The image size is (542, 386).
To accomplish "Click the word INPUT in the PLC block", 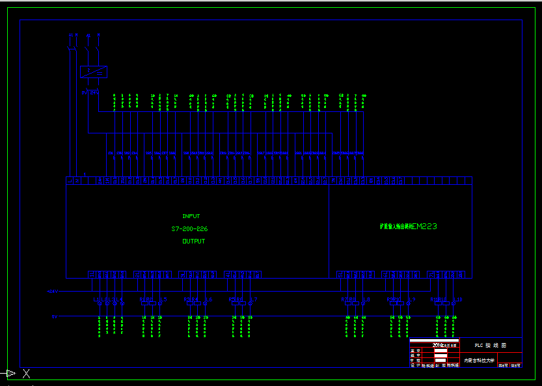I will click(191, 216).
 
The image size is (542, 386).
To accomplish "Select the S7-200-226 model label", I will click(189, 229).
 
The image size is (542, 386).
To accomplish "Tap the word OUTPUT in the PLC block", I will click(193, 241).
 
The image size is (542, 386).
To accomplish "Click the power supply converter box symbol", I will click(94, 72).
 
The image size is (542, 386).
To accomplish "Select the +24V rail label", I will click(53, 292).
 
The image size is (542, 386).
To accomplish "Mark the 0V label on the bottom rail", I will click(55, 316).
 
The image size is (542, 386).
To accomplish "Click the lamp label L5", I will click(163, 299).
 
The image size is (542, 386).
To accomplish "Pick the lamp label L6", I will click(209, 299).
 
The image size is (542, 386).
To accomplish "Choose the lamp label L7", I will click(254, 299).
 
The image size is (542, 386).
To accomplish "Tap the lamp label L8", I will click(366, 299).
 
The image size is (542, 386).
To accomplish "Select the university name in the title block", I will click(480, 360).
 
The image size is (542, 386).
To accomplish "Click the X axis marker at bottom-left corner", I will click(26, 374).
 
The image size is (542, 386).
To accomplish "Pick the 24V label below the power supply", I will click(84, 92).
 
